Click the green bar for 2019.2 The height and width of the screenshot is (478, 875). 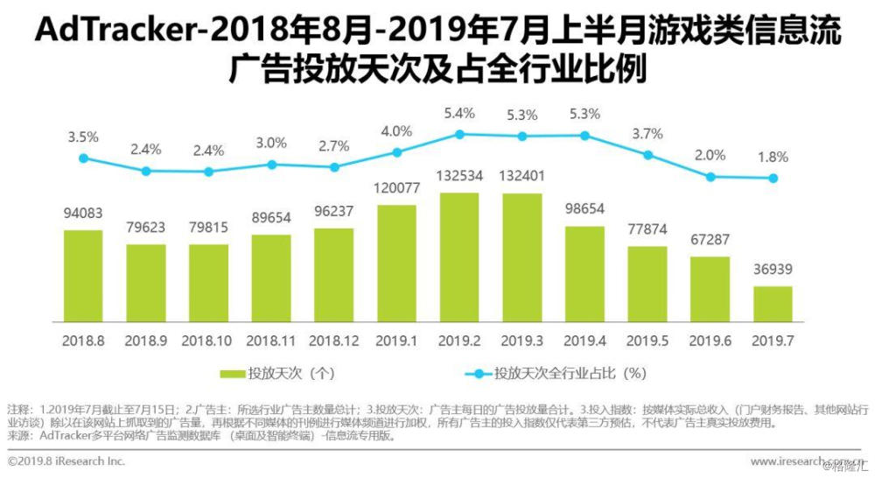[459, 257]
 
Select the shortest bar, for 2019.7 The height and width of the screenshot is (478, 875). [773, 303]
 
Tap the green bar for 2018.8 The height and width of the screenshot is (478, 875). [83, 275]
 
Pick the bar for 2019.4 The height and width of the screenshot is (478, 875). [584, 273]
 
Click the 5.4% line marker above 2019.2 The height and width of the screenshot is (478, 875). [459, 134]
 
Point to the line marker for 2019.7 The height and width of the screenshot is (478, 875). [773, 178]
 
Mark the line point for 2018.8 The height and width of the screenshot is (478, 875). [83, 158]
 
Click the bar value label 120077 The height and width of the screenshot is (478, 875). [396, 187]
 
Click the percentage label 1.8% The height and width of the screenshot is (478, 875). [773, 158]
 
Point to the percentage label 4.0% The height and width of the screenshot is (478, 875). [396, 131]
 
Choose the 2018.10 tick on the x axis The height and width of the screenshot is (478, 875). [208, 338]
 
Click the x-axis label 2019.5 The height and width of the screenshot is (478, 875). [647, 338]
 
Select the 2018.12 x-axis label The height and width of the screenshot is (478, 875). [333, 338]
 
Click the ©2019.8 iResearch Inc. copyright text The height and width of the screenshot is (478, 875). [66, 460]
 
